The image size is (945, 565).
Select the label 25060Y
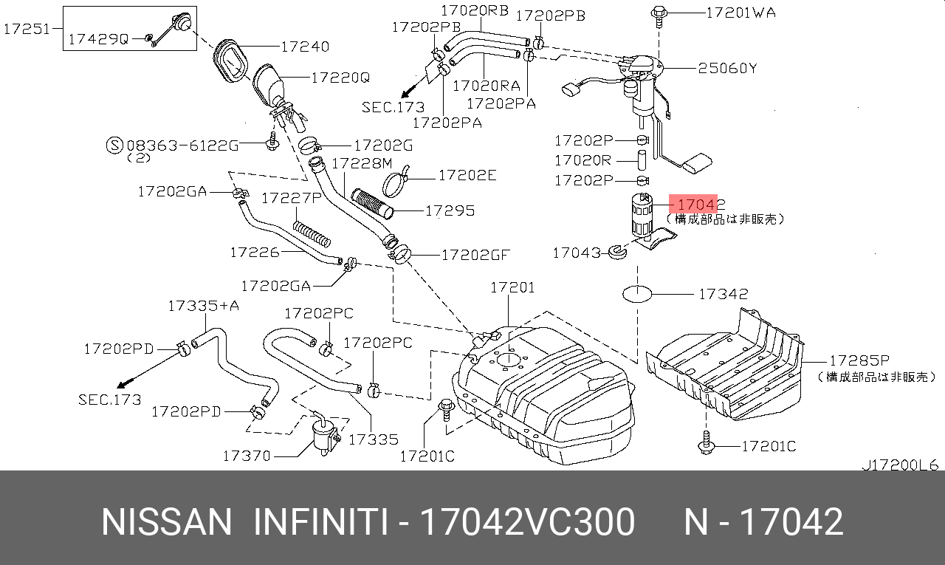pyautogui.click(x=728, y=69)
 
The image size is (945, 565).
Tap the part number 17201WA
pyautogui.click(x=740, y=13)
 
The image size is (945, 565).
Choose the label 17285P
pyautogui.click(x=859, y=360)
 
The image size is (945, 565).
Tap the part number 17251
pyautogui.click(x=27, y=29)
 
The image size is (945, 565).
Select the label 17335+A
pyautogui.click(x=204, y=305)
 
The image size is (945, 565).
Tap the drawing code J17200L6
pyautogui.click(x=900, y=465)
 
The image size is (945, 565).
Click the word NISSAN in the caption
pyautogui.click(x=166, y=522)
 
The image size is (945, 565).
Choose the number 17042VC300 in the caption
pyautogui.click(x=526, y=522)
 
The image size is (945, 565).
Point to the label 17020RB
pyautogui.click(x=475, y=11)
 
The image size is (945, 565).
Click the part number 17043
pyautogui.click(x=577, y=253)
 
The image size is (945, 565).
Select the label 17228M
pyautogui.click(x=362, y=162)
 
